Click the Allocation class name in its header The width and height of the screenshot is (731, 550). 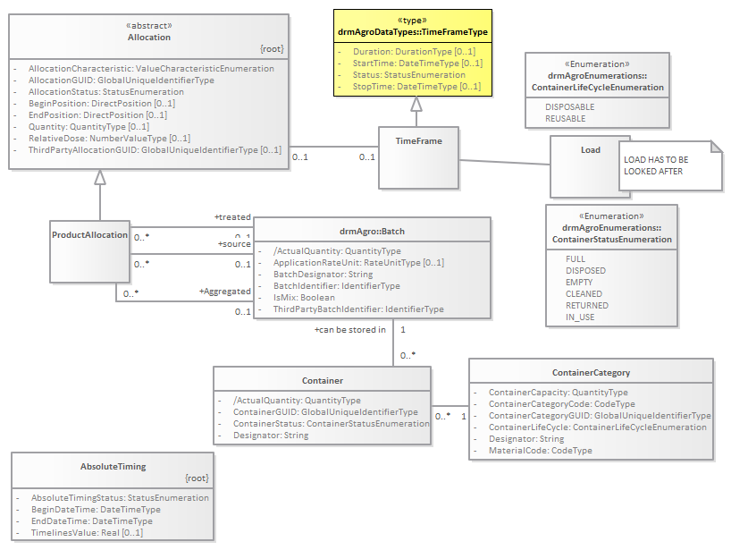[148, 38]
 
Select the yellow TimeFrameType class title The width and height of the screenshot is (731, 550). [413, 31]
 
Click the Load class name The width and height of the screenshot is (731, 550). [591, 149]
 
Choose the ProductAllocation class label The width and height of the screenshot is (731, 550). [89, 234]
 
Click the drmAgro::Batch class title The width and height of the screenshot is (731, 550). [372, 232]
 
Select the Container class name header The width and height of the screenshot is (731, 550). [322, 381]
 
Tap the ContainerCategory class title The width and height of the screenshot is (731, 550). [591, 372]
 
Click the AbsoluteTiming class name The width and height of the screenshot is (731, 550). [113, 466]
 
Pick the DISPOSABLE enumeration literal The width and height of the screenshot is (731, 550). [569, 106]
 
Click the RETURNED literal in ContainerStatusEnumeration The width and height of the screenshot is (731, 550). [587, 305]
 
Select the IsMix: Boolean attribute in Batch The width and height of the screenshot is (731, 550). [304, 298]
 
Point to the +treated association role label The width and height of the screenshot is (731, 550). [232, 217]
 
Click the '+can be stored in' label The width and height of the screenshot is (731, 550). [349, 330]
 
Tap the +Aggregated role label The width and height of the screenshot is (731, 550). [223, 292]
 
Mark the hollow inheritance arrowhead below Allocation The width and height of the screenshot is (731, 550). [101, 178]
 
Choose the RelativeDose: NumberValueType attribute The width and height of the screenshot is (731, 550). [108, 138]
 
